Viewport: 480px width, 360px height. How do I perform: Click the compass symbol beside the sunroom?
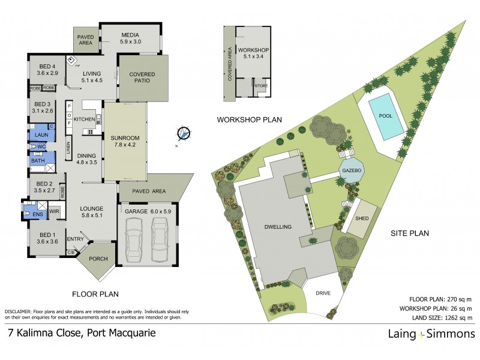coord(184,133)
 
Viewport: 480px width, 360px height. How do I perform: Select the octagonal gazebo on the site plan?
coord(352,171)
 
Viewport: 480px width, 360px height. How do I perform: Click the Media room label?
coord(130,38)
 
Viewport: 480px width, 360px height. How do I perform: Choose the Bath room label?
coord(38,161)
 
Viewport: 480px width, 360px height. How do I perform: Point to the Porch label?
coord(98,260)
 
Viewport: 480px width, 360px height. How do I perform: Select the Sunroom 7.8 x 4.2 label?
coord(125,142)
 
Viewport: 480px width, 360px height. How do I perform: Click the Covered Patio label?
coord(142,79)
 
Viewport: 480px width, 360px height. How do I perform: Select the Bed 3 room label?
coord(41,107)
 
